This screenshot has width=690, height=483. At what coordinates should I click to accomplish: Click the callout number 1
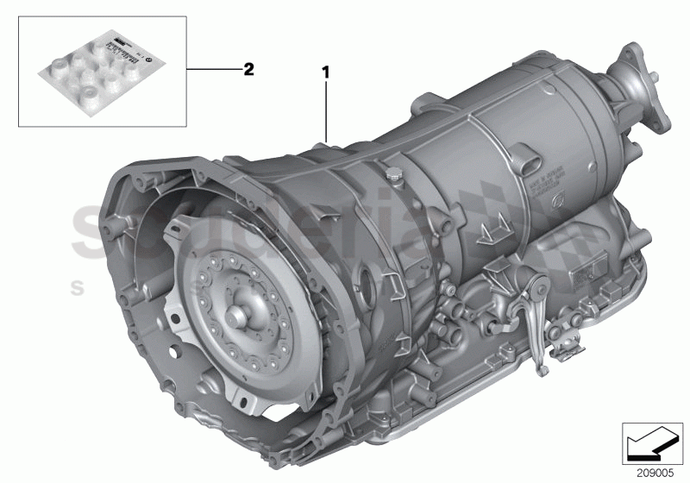click(327, 75)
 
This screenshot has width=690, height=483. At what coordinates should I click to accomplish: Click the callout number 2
click(248, 70)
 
